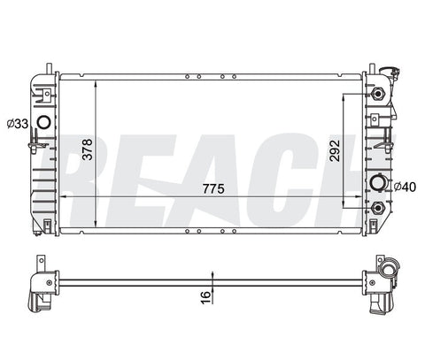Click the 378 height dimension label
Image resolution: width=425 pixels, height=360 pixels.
click(x=88, y=149)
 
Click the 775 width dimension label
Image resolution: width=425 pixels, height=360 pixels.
click(x=213, y=188)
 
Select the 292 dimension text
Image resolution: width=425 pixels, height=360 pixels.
click(x=335, y=150)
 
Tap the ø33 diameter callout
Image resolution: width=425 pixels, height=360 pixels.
click(x=18, y=124)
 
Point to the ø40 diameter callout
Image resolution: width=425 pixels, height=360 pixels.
click(x=405, y=187)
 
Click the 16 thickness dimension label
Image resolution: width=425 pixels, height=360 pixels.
click(x=206, y=297)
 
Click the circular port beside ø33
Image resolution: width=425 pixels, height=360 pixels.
click(x=44, y=122)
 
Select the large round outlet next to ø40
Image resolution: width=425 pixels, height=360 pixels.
click(x=378, y=183)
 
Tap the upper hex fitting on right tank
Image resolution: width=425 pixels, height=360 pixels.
click(x=378, y=94)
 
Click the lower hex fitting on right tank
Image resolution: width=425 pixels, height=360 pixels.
click(x=378, y=208)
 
